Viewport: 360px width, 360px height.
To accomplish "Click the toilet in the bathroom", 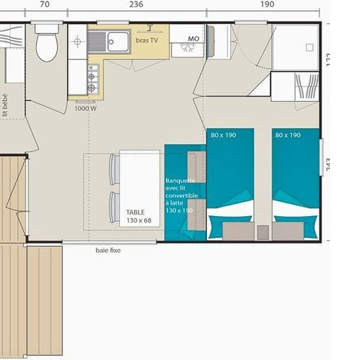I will (46, 45).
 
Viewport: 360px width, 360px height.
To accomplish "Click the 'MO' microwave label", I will (193, 37).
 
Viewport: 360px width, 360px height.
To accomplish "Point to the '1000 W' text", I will (85, 109).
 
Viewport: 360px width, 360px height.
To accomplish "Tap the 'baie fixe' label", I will (108, 250).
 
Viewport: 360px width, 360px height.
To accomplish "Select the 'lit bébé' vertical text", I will (5, 103).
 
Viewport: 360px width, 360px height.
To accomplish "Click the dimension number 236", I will (136, 4).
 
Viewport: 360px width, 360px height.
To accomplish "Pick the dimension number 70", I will (44, 4).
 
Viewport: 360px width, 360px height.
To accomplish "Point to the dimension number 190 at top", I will (267, 4).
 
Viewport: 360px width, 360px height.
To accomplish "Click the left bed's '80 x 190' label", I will (223, 135).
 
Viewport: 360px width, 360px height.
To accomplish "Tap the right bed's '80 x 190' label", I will (288, 135).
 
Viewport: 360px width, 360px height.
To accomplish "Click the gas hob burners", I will (92, 78).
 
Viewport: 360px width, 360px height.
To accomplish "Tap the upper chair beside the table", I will (114, 169).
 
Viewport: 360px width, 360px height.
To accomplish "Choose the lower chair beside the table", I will (114, 207).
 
